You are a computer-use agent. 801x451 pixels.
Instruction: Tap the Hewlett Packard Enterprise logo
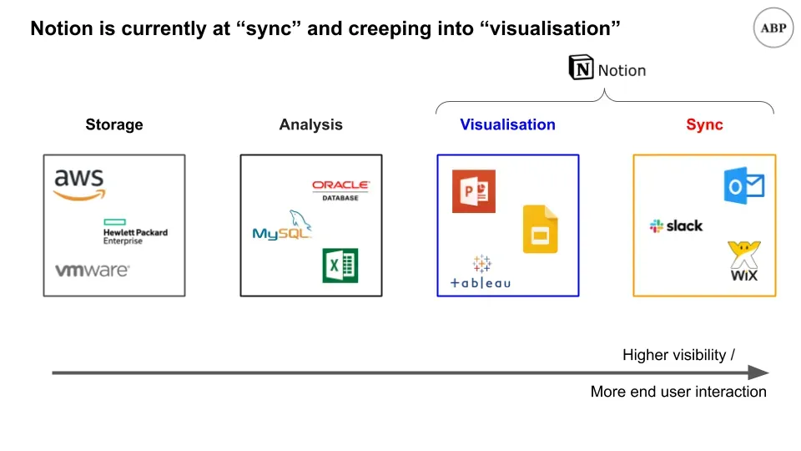pos(134,232)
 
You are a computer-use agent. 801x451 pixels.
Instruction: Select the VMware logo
pos(92,271)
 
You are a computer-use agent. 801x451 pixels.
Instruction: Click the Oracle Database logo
pos(340,190)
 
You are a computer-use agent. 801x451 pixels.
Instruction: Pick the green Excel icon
pos(340,266)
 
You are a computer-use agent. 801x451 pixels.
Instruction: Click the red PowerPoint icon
pos(473,191)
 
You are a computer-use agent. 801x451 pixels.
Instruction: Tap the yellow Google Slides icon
pos(540,228)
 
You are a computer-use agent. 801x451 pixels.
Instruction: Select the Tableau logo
pos(481,274)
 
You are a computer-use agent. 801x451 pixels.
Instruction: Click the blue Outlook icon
pos(744,185)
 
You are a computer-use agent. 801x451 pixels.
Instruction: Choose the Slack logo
pos(676,225)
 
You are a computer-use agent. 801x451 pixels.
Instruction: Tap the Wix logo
pos(743,261)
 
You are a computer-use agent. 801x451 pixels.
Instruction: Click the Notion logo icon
pos(581,68)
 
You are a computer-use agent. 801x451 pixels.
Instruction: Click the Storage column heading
pos(114,125)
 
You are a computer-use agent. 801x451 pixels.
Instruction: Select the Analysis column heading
pos(310,125)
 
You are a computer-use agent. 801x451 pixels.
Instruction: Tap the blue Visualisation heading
pos(507,125)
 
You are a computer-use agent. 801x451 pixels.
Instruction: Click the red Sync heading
pos(704,125)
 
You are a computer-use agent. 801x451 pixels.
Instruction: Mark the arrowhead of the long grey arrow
pos(758,372)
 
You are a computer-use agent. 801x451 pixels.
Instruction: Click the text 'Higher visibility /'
pos(678,355)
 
